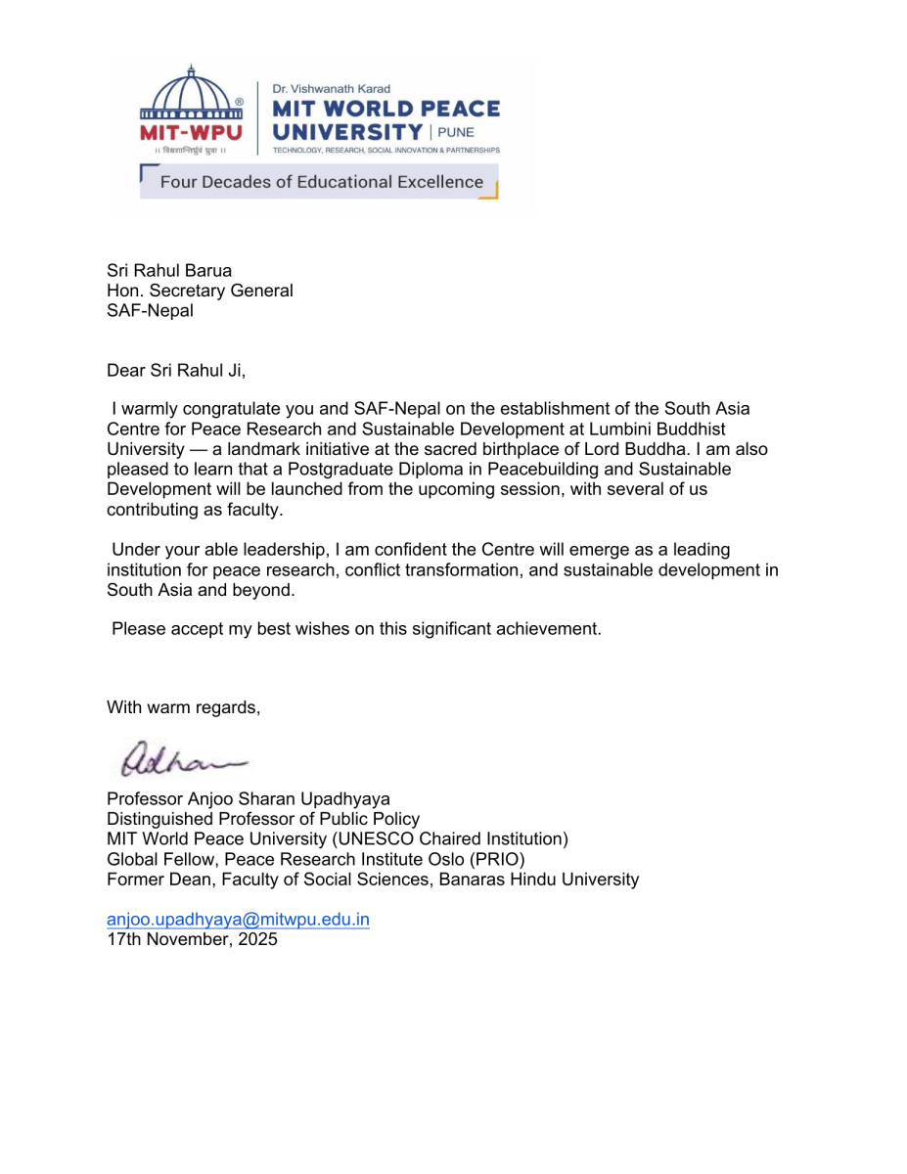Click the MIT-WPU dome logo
click(192, 102)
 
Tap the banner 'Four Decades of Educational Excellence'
click(321, 182)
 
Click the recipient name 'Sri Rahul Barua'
click(169, 271)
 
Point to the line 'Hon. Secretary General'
click(200, 291)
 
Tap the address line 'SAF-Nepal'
click(150, 310)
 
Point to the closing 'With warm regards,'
click(184, 707)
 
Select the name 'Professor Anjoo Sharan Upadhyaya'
click(249, 799)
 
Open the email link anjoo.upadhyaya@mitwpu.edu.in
click(238, 920)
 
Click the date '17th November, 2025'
click(192, 939)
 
